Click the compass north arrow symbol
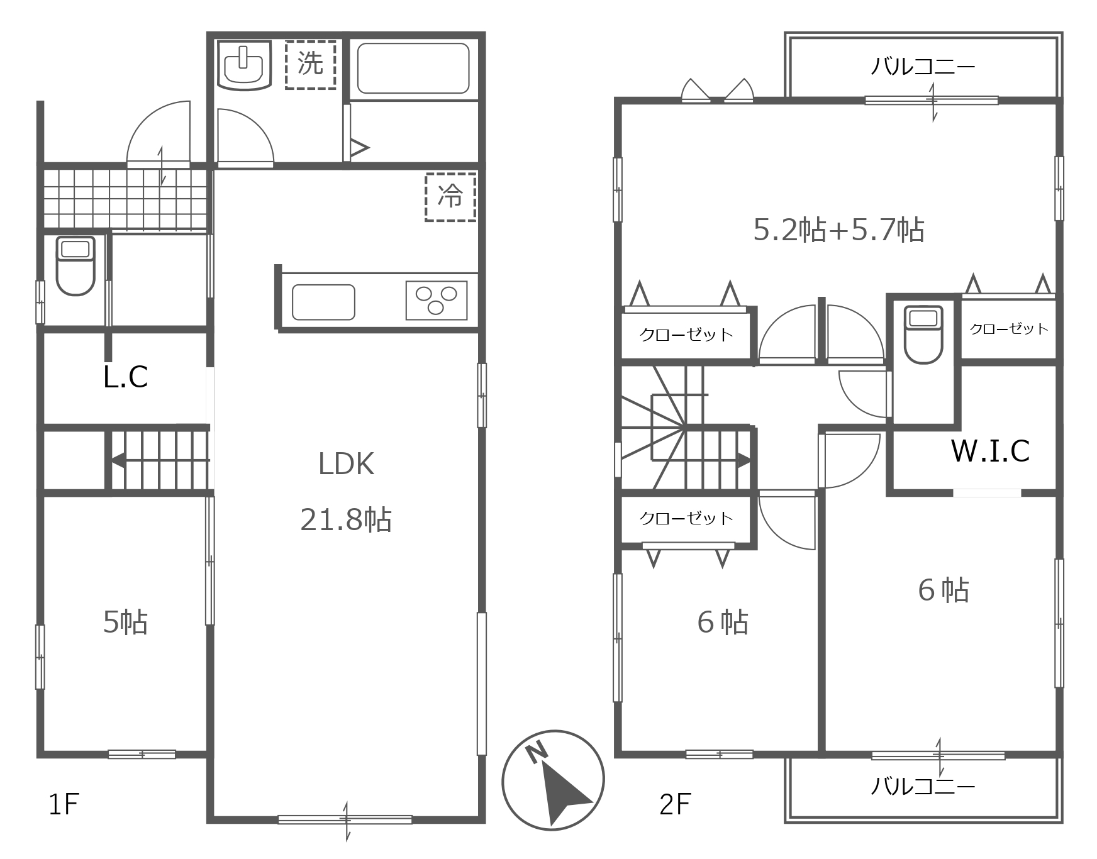[x=554, y=780]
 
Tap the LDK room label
[x=346, y=464]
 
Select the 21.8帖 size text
[x=346, y=520]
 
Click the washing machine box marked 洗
[x=310, y=64]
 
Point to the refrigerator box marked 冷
[x=450, y=197]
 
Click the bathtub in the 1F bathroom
[x=413, y=69]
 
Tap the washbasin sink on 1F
[x=244, y=65]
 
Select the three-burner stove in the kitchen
[x=437, y=300]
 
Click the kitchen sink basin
[x=323, y=302]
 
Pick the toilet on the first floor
[x=75, y=265]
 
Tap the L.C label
[x=126, y=377]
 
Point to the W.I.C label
[x=991, y=451]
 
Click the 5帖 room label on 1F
[x=125, y=622]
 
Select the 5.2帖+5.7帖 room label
[x=839, y=230]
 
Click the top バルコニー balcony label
[x=923, y=66]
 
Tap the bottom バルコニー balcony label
[x=923, y=786]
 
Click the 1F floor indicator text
[x=64, y=804]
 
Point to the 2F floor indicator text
[x=676, y=804]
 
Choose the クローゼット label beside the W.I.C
[x=1009, y=329]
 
